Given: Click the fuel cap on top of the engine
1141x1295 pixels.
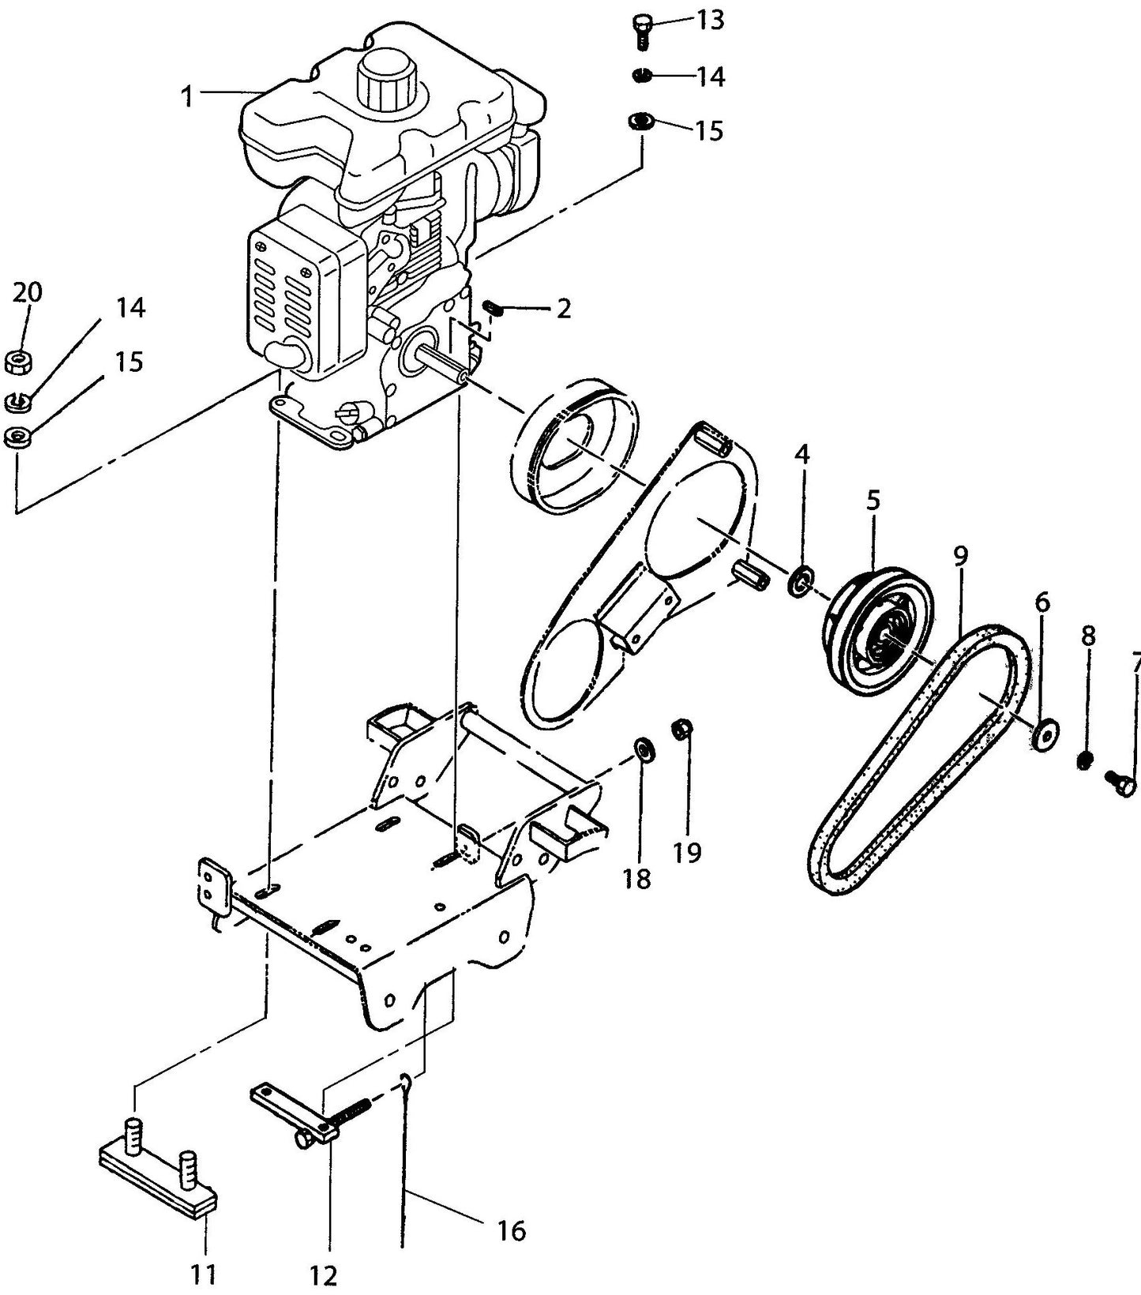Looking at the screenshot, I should pos(386,81).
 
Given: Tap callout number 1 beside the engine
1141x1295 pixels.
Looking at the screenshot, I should pos(187,96).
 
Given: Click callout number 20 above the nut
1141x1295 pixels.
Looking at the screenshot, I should pos(27,293).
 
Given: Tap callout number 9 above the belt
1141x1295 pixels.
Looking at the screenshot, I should pos(959,555).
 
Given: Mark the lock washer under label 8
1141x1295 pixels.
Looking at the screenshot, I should pos(1086,760).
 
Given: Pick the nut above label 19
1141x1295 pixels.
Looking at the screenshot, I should pos(681,729).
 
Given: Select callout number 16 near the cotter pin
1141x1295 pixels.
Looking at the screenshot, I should pos(512,1230).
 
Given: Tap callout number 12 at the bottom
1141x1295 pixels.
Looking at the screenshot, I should pos(324,1275).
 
